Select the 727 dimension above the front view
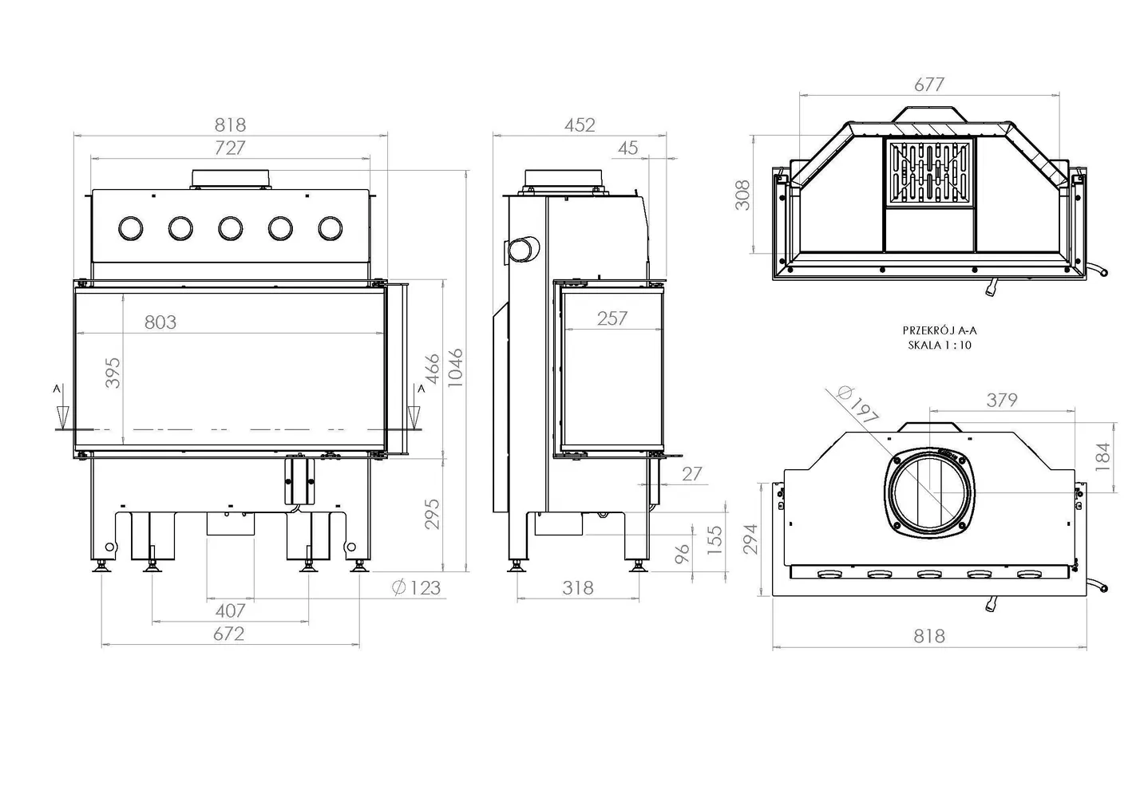(230, 148)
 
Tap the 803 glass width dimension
(160, 322)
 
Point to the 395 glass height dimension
(114, 373)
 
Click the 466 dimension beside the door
(431, 369)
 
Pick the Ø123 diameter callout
(417, 588)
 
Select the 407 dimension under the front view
(230, 610)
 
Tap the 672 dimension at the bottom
(229, 634)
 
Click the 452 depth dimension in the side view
(580, 125)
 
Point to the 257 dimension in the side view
(612, 318)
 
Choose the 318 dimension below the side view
(577, 588)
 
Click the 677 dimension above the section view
(928, 85)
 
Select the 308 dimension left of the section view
(743, 195)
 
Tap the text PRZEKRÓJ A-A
(940, 330)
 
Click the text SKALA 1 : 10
(940, 346)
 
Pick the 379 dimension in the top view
(1002, 400)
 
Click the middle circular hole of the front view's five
(231, 229)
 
